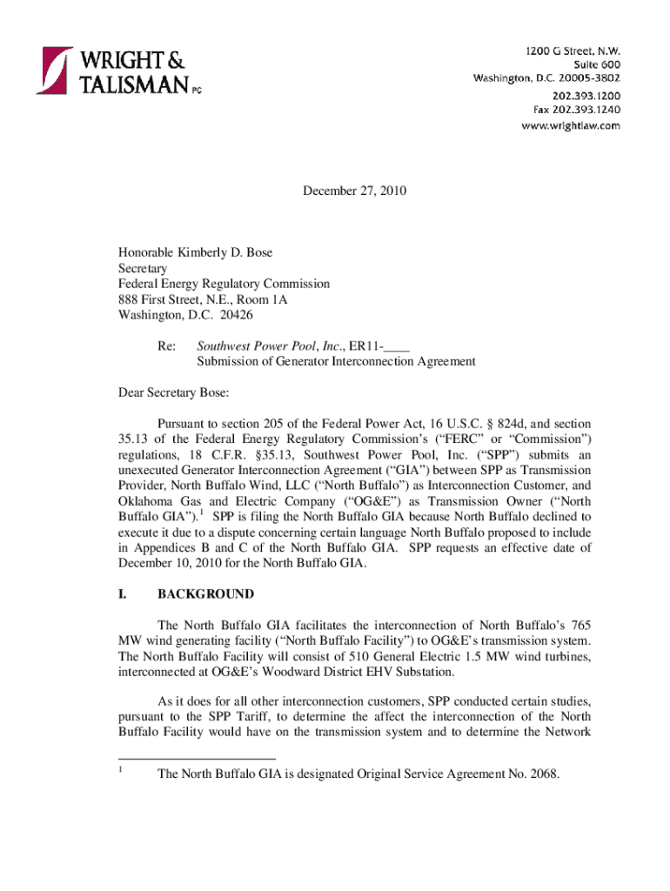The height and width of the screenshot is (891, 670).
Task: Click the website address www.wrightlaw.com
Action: (571, 125)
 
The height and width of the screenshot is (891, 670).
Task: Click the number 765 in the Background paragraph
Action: (580, 625)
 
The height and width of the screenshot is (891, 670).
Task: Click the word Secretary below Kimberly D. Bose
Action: (143, 268)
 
